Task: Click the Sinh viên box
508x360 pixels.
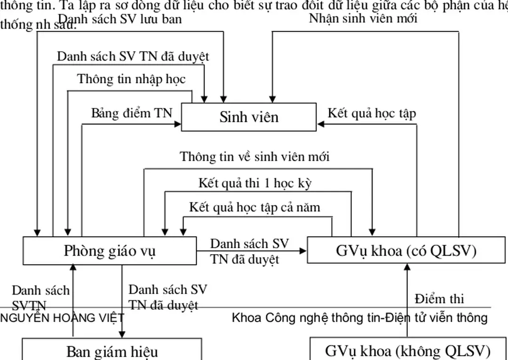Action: (249, 117)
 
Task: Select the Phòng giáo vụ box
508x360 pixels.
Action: (110, 251)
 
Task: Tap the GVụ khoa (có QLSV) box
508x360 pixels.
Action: (406, 251)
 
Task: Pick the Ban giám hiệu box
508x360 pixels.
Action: (112, 351)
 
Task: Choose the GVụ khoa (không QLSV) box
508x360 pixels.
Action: (407, 351)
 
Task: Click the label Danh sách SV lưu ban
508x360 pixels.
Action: (119, 19)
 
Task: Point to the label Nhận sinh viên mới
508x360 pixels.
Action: (363, 18)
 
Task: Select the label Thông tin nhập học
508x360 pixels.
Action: (131, 79)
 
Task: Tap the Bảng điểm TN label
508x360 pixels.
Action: (132, 113)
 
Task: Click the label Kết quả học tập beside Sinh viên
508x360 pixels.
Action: (372, 113)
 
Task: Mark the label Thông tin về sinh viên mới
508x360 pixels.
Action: (254, 157)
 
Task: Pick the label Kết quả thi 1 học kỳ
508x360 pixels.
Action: (254, 183)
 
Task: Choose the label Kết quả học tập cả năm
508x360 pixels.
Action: (254, 207)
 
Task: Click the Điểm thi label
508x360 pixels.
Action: (439, 299)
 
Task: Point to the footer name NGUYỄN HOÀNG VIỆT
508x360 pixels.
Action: (62, 318)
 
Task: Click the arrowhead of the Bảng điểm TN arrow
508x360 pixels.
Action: (178, 124)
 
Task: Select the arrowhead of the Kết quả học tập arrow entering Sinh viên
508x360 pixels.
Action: (320, 124)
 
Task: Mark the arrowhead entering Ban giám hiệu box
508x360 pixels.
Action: (122, 335)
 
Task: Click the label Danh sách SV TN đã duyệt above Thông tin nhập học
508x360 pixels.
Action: (133, 56)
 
